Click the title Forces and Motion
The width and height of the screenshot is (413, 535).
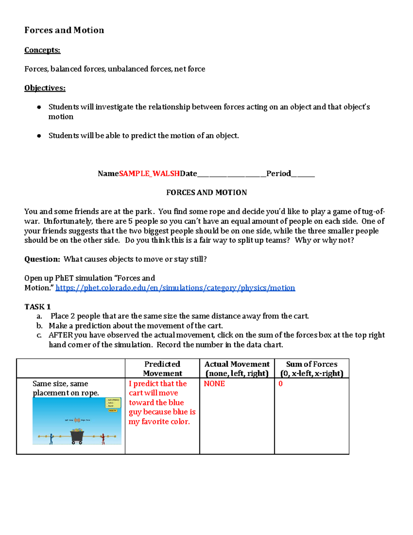[64, 30]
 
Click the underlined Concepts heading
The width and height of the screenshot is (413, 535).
[42, 50]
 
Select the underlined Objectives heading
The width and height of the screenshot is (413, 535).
[45, 88]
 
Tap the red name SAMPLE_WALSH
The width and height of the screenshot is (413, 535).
[149, 174]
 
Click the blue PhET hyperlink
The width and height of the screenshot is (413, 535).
[175, 288]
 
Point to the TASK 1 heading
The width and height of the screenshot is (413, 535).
[38, 307]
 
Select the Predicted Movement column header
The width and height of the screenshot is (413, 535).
[162, 369]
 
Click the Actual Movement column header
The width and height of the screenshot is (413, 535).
[237, 369]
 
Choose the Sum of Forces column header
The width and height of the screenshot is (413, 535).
[311, 369]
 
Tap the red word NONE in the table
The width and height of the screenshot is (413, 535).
[214, 384]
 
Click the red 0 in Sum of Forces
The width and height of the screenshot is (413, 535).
[280, 384]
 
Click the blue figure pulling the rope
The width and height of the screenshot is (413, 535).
[51, 439]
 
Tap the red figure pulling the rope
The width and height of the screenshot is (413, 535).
[103, 439]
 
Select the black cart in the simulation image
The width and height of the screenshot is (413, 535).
[77, 436]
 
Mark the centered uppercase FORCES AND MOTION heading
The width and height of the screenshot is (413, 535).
[206, 193]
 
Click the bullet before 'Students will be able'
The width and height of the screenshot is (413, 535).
[39, 136]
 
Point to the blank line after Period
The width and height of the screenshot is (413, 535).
[303, 174]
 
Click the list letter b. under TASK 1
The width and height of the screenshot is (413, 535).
[39, 326]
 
